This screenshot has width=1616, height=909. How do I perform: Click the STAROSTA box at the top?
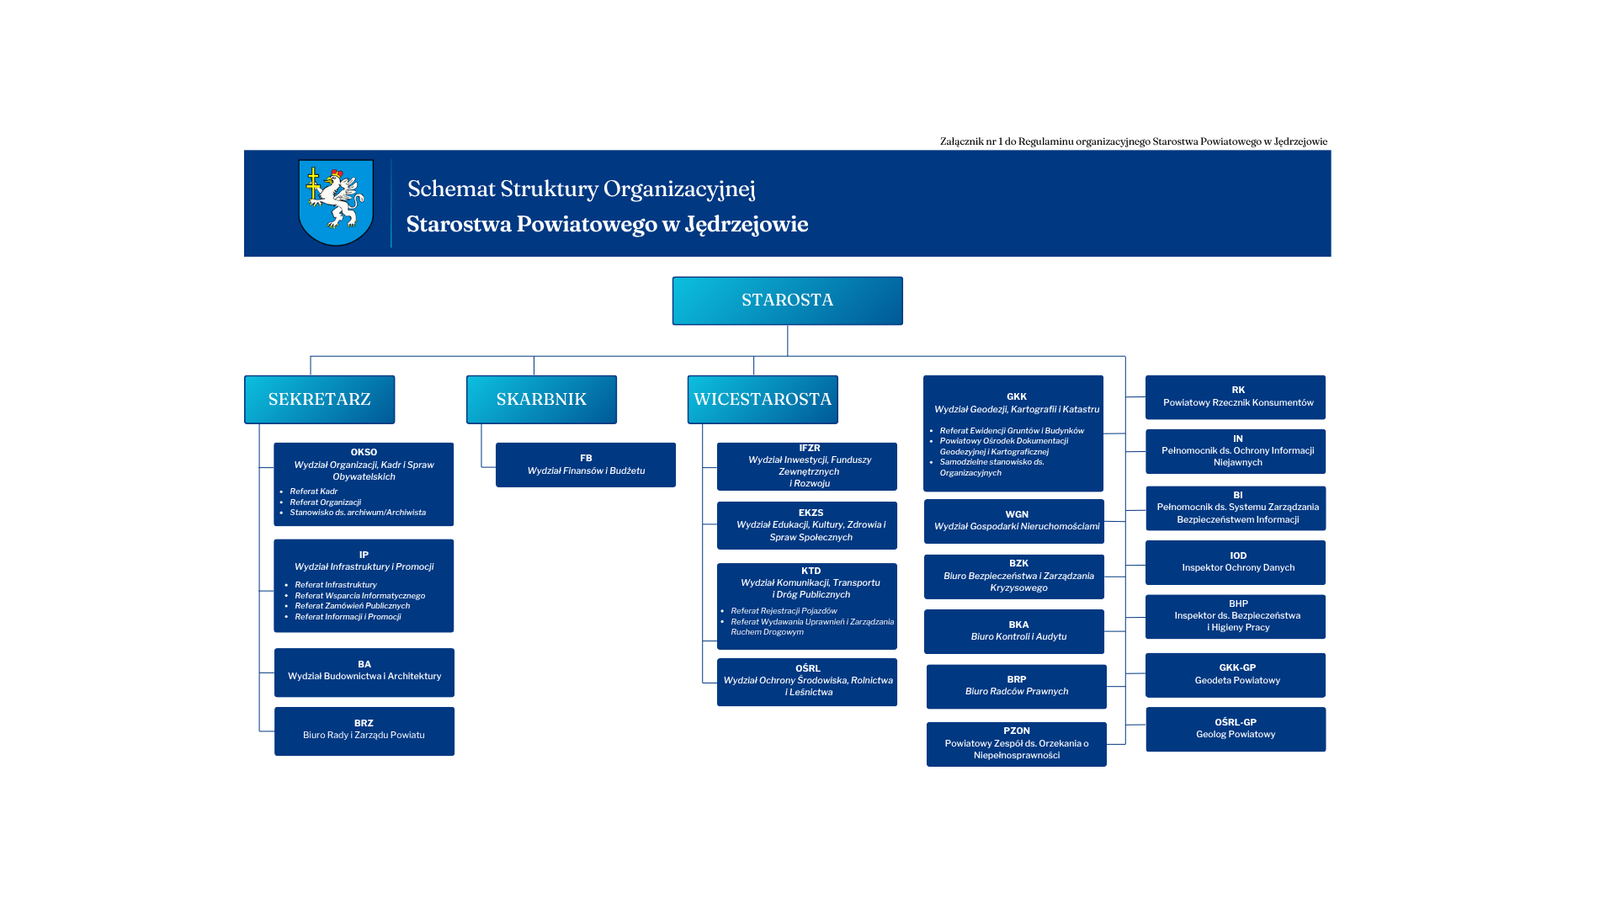(787, 300)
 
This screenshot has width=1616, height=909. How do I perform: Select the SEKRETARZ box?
(319, 399)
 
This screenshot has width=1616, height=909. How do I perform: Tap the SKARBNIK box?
(541, 399)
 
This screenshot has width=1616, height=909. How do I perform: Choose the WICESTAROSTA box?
(763, 399)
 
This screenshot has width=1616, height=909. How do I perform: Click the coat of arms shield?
(336, 202)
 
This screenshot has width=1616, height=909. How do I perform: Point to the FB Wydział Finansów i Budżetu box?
(586, 465)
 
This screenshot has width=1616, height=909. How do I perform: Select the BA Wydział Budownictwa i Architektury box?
(364, 672)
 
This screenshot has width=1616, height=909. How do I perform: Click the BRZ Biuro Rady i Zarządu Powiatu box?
(364, 731)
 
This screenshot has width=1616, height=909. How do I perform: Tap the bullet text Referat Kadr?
(314, 492)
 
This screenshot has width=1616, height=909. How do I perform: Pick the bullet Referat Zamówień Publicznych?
(352, 606)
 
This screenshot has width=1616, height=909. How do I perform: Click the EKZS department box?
(807, 525)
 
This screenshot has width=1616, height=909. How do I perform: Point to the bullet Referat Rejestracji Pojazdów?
(784, 611)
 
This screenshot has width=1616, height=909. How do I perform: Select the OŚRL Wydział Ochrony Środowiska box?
(807, 682)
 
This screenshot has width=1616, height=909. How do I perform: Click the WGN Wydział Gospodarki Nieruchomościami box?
(1014, 521)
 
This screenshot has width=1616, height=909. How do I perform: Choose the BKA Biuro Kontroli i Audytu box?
(1014, 631)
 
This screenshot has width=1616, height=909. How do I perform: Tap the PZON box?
(1017, 744)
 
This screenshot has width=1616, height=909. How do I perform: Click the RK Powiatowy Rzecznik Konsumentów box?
(1236, 397)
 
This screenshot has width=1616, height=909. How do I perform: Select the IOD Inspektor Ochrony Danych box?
(1236, 562)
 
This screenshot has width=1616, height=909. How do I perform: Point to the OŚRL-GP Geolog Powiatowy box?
(1236, 729)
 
